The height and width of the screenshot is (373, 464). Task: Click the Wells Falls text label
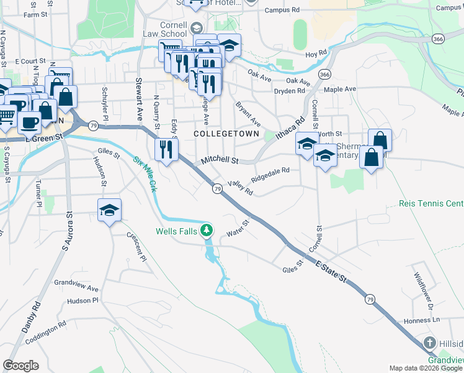176,232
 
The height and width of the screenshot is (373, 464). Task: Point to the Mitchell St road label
219,160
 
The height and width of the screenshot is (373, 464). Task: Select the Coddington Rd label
45,333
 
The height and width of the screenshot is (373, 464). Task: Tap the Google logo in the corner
21,366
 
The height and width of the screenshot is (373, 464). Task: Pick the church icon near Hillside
429,343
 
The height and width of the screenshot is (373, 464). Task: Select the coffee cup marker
29,122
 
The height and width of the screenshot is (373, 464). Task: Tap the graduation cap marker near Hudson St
109,210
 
